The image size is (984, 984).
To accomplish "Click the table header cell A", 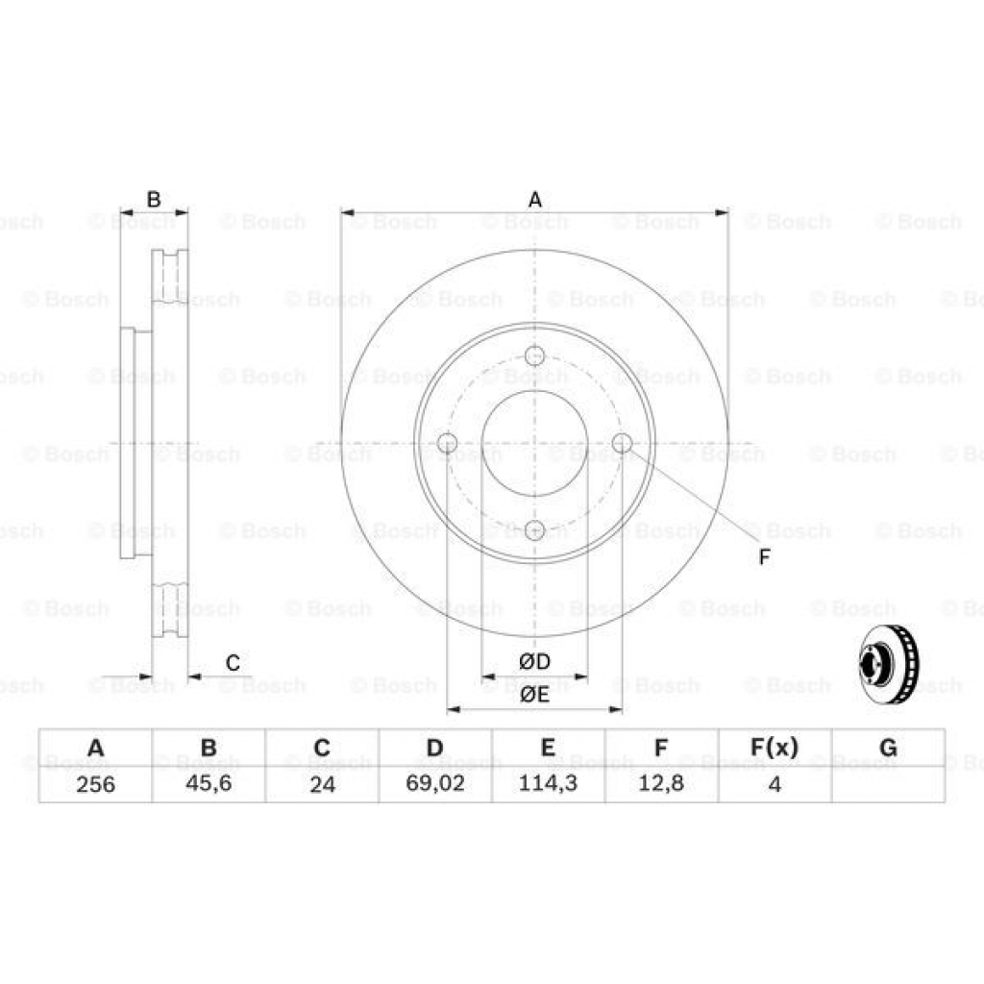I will pyautogui.click(x=95, y=748).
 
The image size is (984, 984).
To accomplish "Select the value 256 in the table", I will pyautogui.click(x=95, y=784).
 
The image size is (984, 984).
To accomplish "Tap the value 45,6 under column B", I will pyautogui.click(x=209, y=784).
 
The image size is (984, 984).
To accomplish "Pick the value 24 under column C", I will pyautogui.click(x=322, y=784).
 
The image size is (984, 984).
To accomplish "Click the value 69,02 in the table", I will pyautogui.click(x=435, y=784).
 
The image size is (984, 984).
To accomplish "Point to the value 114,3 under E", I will pyautogui.click(x=548, y=784).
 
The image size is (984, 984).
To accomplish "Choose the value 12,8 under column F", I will pyautogui.click(x=661, y=784).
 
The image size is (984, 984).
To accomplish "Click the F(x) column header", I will pyautogui.click(x=774, y=748).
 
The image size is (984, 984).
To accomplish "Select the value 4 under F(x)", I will pyautogui.click(x=774, y=784).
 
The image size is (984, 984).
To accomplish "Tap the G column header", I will pyautogui.click(x=888, y=748).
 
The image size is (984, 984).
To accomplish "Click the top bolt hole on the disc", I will pyautogui.click(x=535, y=356).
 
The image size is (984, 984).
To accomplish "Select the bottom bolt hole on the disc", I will pyautogui.click(x=535, y=529).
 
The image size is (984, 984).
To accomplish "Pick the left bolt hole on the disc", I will pyautogui.click(x=447, y=443).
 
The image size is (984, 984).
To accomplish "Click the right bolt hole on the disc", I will pyautogui.click(x=622, y=443).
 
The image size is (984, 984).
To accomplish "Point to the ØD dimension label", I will pyautogui.click(x=534, y=662).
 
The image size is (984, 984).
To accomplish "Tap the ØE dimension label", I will pyautogui.click(x=534, y=695).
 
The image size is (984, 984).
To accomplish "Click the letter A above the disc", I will pyautogui.click(x=535, y=199).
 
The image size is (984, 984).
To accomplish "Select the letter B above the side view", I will pyautogui.click(x=154, y=199).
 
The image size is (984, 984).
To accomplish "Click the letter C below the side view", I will pyautogui.click(x=233, y=662).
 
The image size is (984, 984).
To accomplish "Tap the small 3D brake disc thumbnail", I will pyautogui.click(x=889, y=664).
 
